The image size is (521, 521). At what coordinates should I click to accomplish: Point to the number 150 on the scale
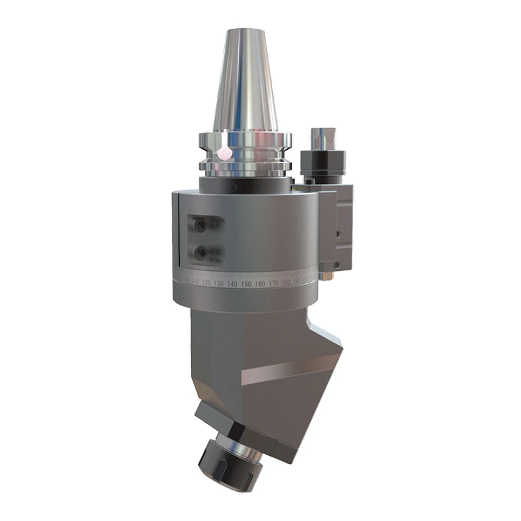(x=246, y=285)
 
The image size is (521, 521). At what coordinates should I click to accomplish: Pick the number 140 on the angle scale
(x=232, y=285)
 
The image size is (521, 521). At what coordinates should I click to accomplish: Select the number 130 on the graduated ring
(x=219, y=284)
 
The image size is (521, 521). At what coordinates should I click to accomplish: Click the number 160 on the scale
(x=259, y=284)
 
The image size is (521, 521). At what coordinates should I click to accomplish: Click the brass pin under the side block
(x=328, y=276)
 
